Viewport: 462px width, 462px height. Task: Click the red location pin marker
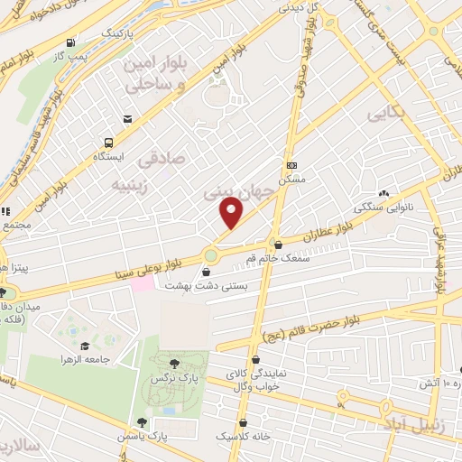click(x=232, y=213)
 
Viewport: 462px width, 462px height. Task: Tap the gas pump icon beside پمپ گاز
click(x=70, y=42)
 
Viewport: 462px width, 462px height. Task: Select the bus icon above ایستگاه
click(x=108, y=143)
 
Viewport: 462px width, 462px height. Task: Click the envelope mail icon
click(x=127, y=119)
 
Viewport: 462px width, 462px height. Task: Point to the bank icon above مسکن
click(x=291, y=166)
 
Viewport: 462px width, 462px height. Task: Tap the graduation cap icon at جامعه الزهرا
click(x=85, y=346)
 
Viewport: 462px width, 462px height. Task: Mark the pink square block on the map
click(x=142, y=283)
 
